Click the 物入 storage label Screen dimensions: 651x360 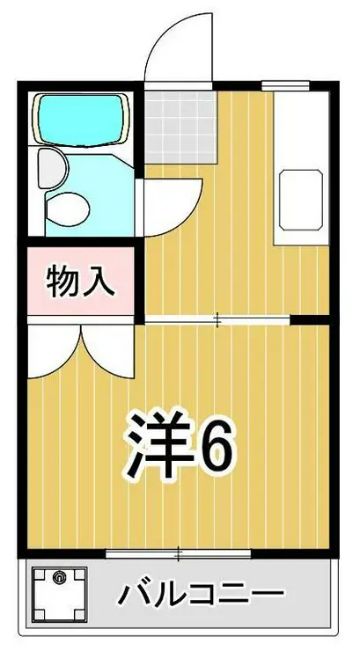coord(80,282)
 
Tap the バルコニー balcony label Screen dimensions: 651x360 coord(202,596)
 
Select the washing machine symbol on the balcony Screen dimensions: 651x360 coord(61,596)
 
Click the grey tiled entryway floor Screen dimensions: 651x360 coord(181,127)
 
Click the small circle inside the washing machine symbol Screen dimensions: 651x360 coord(59,578)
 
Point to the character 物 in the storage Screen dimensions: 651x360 coord(63,282)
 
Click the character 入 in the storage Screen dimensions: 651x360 coord(98,282)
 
